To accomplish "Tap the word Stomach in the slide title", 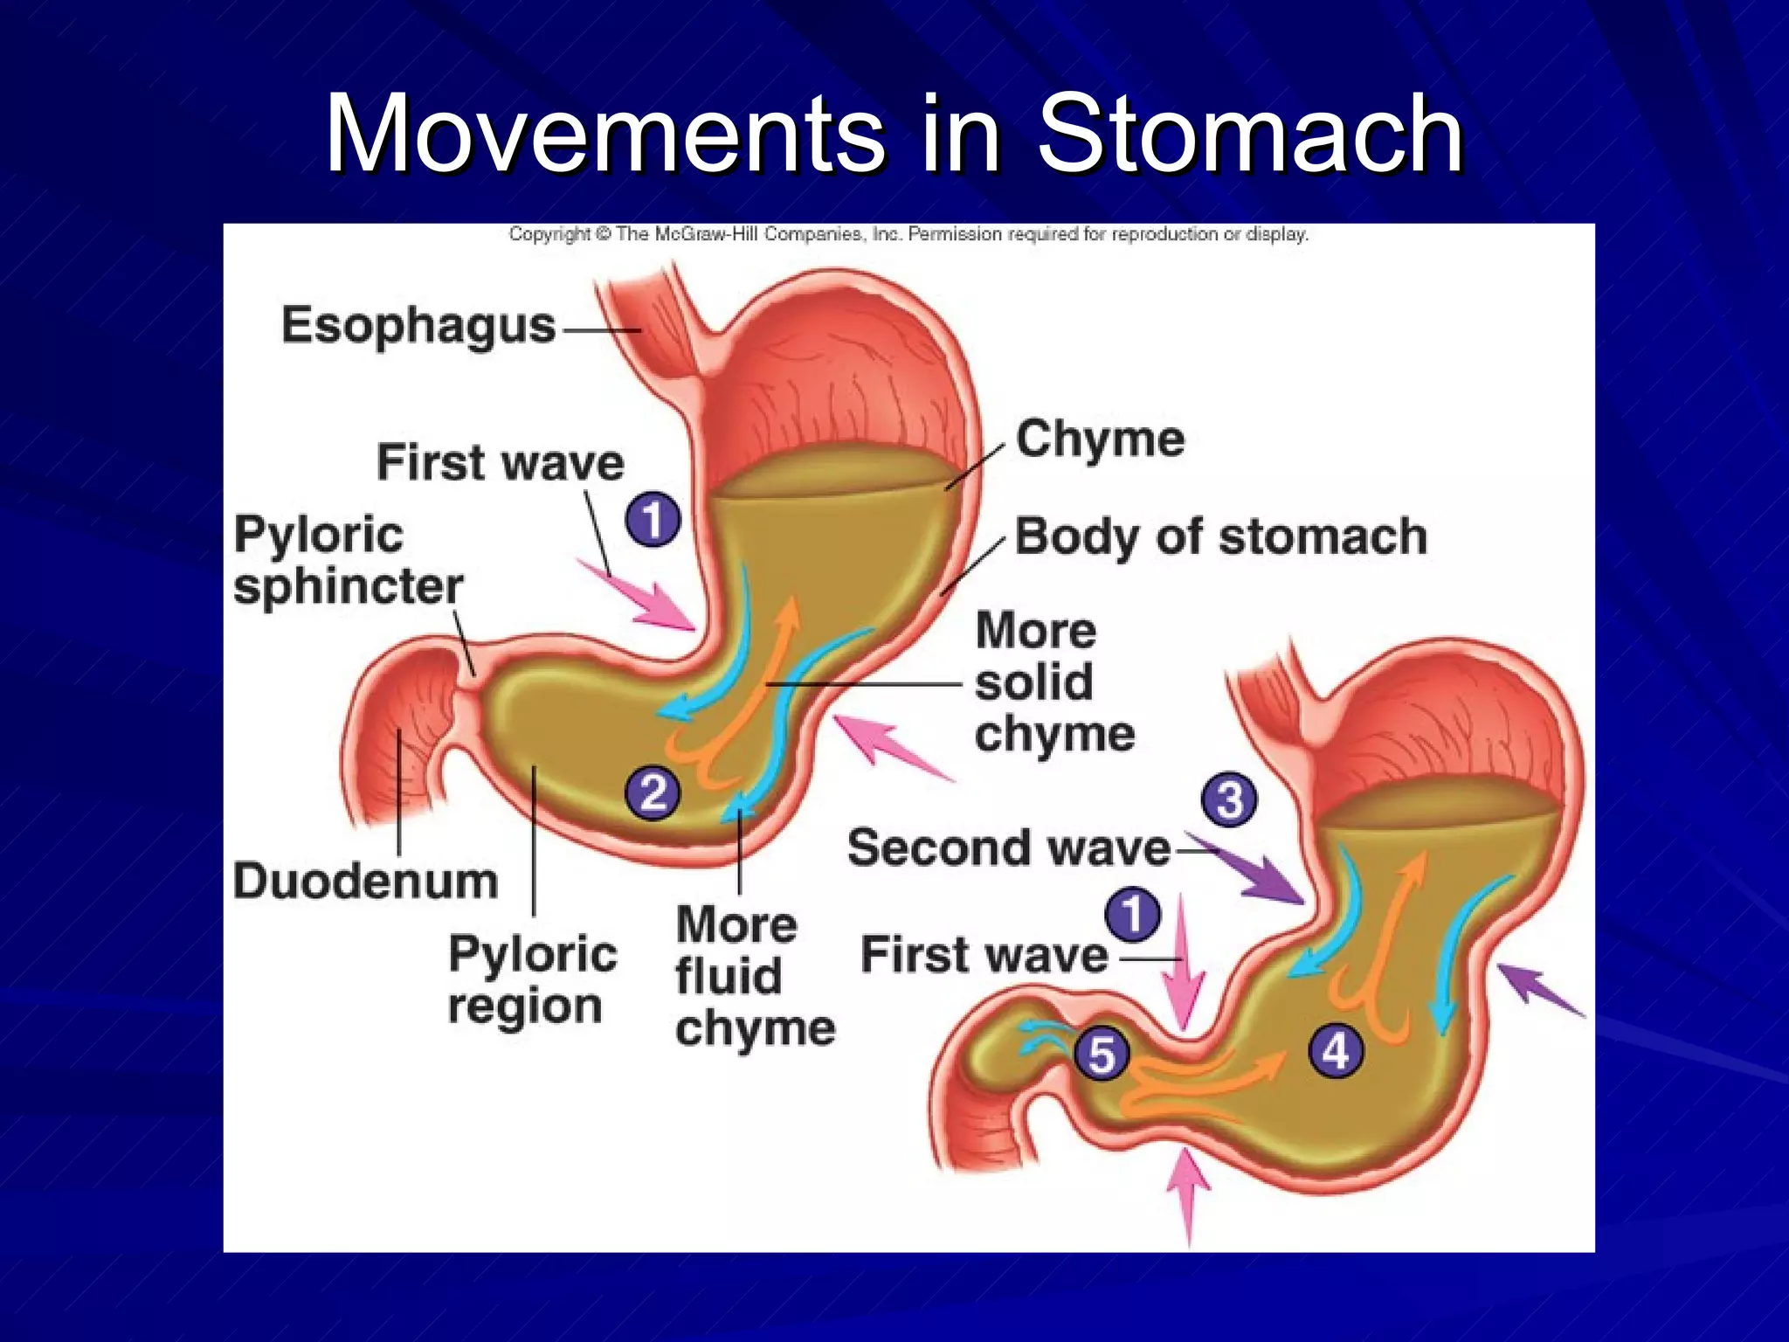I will coord(1249,135).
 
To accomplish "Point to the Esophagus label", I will coord(418,325).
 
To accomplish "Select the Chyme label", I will coord(1100,439).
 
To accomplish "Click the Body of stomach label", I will coord(1220,536).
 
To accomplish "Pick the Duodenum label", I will coord(365,881).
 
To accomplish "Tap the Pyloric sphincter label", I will coord(348,559).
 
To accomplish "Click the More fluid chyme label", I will coord(753,976).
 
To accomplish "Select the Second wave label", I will coord(1009,847).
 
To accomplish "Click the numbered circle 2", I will coord(653,792).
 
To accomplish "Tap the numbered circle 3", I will coord(1229,799).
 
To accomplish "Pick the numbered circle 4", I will coord(1336,1050).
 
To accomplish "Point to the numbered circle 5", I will coord(1102,1054).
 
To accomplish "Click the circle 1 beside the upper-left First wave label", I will coord(653,520).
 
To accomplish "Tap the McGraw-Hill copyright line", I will coord(908,234).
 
